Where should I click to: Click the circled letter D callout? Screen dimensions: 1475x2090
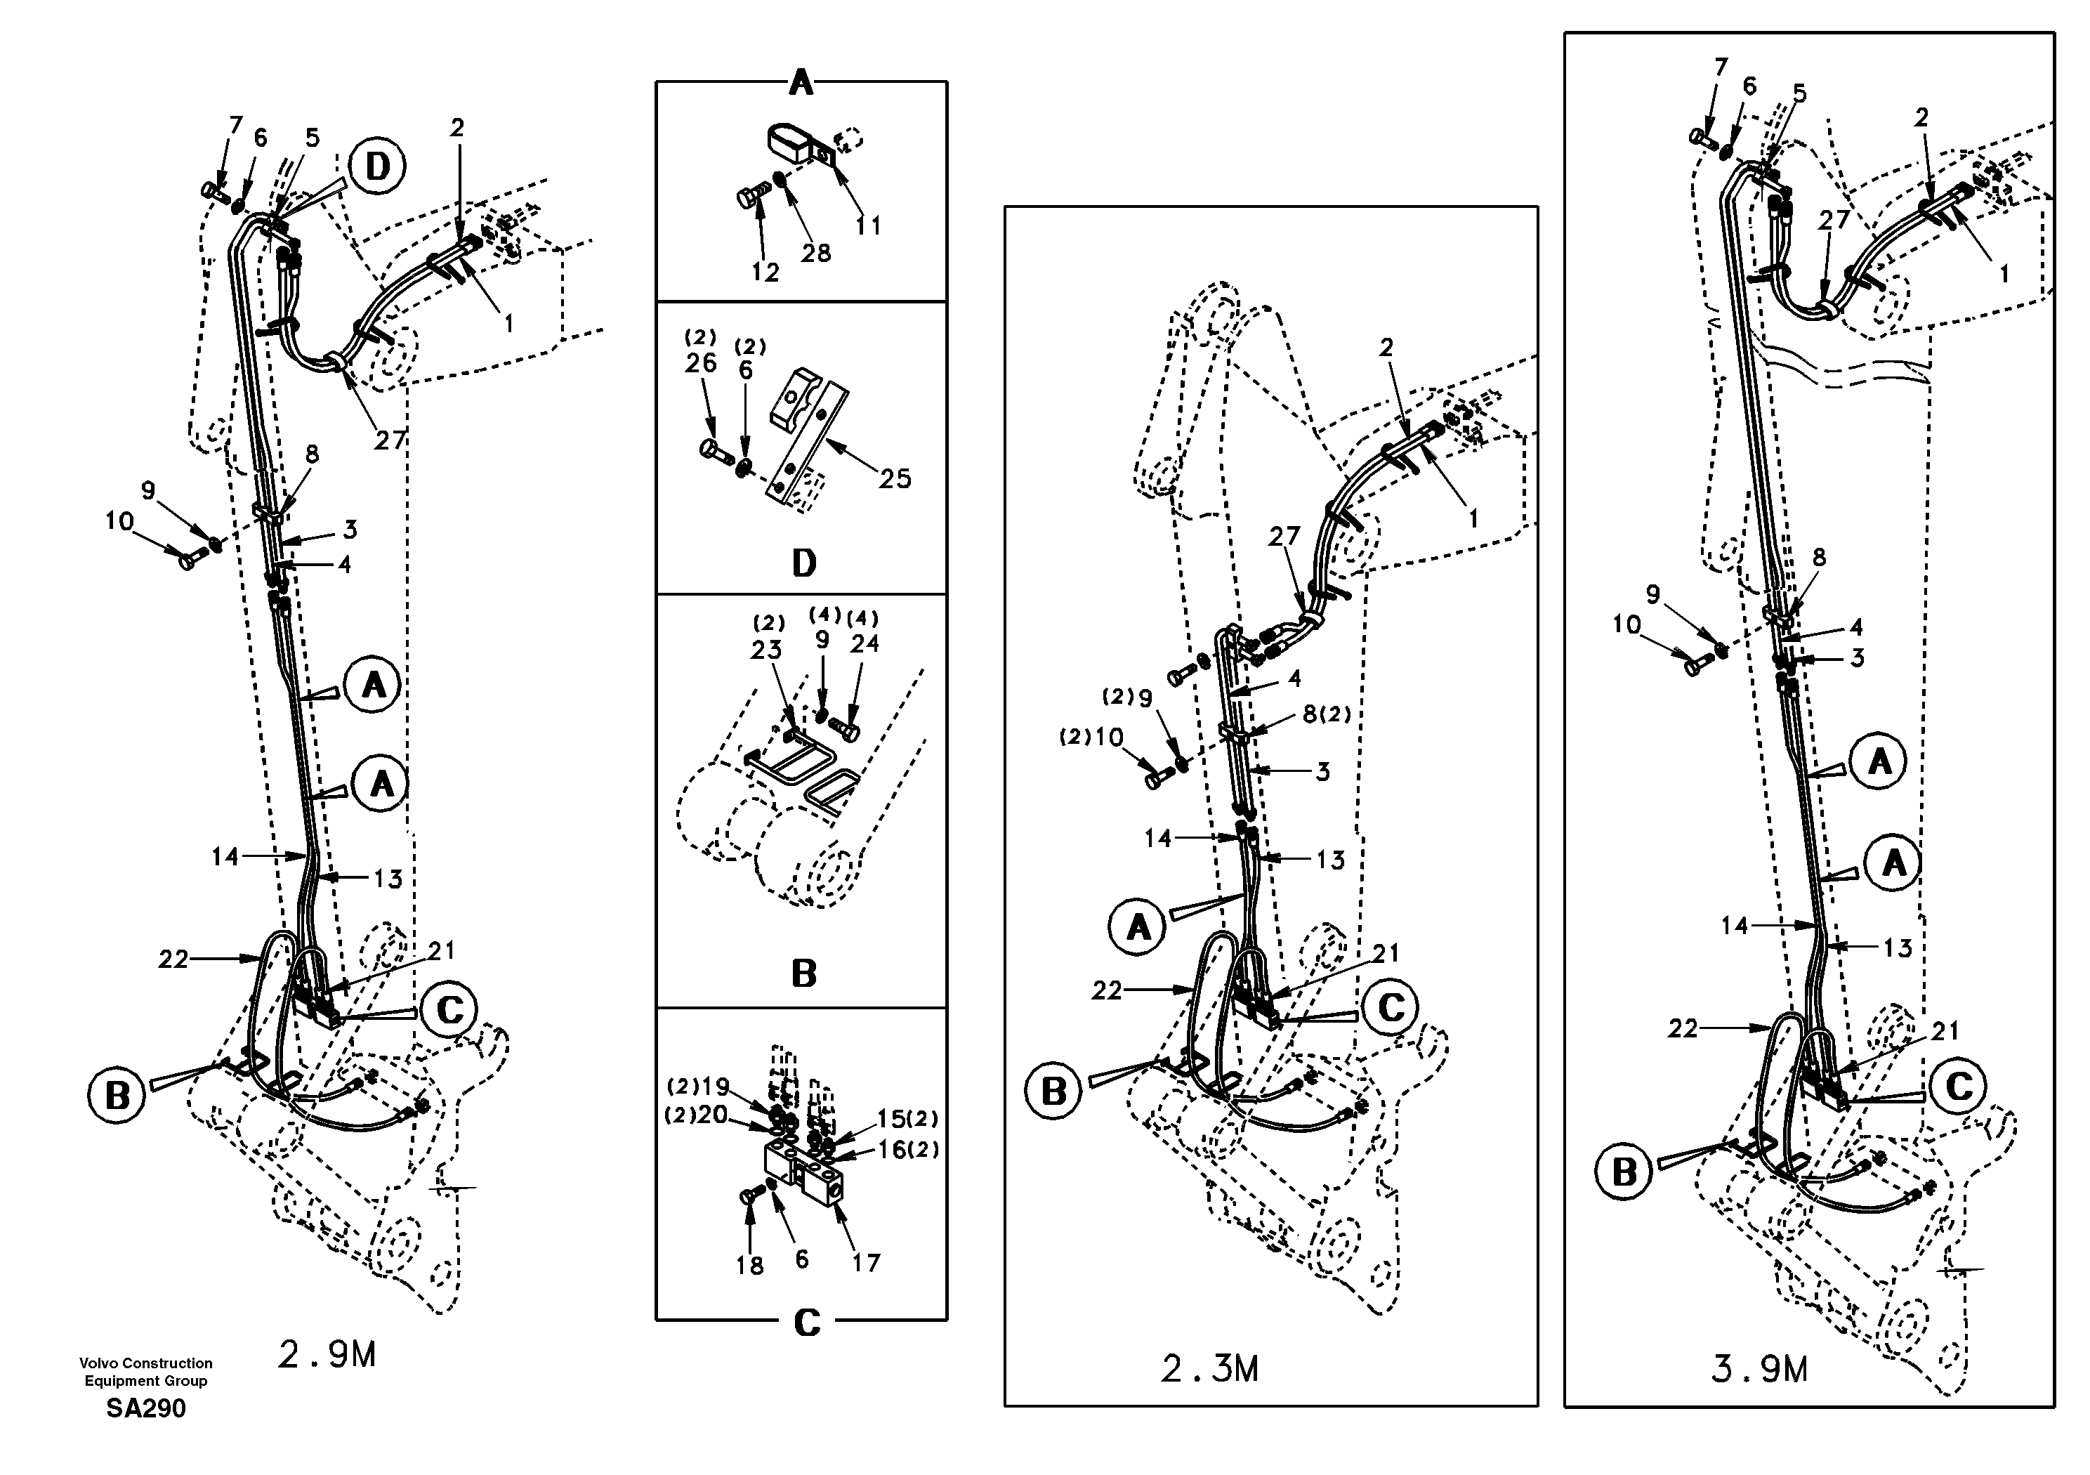tap(378, 166)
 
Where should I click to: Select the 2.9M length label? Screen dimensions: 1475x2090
tap(326, 1356)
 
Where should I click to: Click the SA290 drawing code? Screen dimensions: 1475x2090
tap(145, 1408)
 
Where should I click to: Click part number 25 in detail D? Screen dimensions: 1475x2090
tap(894, 479)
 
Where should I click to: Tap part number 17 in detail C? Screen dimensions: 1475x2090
tap(866, 1263)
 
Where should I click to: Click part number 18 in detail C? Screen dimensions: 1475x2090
tap(749, 1265)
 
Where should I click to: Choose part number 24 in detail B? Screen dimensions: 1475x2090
tap(864, 643)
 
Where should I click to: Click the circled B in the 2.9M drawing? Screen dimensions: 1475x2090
tap(117, 1095)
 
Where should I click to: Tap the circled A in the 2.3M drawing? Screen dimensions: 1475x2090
tap(1138, 928)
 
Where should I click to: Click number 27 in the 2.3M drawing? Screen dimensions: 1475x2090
tap(1284, 537)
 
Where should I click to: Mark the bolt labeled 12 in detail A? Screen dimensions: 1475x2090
tap(747, 197)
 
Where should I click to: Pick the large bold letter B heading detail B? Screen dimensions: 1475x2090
tap(803, 974)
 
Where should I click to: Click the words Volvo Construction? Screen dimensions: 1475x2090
tap(145, 1363)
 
